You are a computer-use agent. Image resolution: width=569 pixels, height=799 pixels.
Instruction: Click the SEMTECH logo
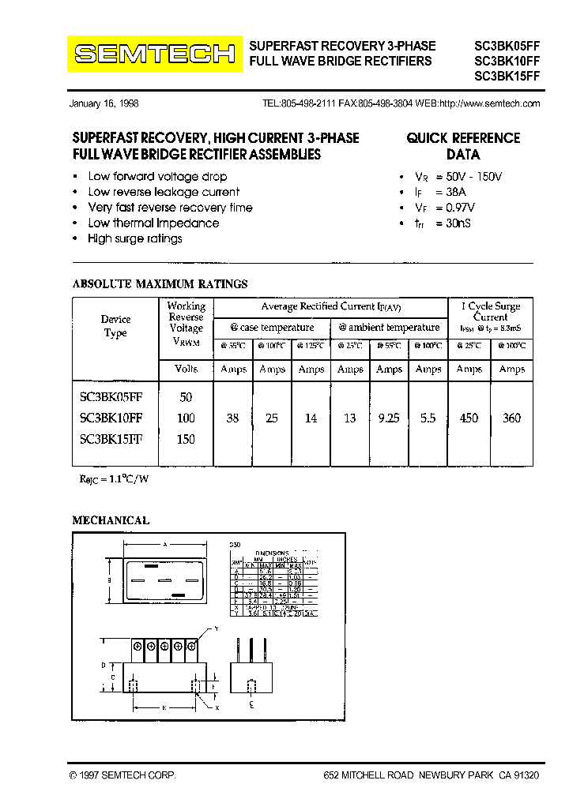154,54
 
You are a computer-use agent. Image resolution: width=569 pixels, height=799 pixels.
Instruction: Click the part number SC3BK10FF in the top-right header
507,61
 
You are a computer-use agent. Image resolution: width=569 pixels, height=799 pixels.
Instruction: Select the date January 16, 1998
104,104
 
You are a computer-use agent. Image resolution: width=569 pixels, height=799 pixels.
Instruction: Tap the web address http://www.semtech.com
489,104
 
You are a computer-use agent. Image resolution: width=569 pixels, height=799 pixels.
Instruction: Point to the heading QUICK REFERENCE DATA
463,146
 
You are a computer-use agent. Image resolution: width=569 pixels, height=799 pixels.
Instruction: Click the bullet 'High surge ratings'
134,238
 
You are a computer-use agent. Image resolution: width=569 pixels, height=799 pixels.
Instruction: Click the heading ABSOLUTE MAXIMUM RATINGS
160,284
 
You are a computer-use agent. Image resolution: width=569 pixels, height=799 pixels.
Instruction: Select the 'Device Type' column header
115,326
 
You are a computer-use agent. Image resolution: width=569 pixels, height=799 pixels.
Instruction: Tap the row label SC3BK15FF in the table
111,439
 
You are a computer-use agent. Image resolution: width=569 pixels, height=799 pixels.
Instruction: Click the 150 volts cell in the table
186,439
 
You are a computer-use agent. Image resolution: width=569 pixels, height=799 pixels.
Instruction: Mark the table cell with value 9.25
389,418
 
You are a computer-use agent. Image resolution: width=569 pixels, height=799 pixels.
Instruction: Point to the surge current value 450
469,418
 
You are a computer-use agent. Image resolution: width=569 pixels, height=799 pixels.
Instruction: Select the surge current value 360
511,418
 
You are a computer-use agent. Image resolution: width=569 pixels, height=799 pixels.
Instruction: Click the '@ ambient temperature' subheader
389,328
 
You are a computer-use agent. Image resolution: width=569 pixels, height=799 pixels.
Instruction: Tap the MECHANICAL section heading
111,521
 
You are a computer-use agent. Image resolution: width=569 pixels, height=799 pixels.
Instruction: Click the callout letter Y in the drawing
215,628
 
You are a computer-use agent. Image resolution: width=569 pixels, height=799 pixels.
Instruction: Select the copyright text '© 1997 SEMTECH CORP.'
122,776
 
